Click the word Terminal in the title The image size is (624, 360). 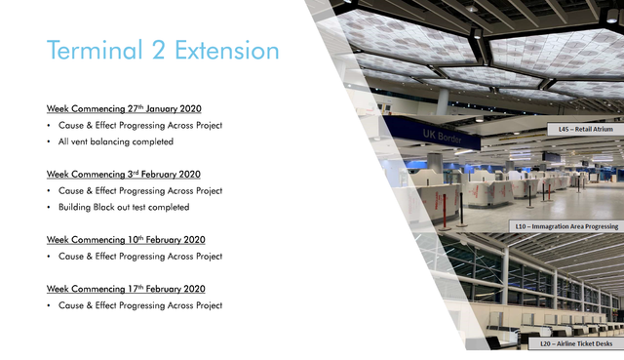click(95, 50)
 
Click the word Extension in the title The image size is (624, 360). click(227, 50)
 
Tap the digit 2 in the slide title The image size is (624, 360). click(159, 50)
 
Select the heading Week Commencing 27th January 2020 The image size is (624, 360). click(124, 108)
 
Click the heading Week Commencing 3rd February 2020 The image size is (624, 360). click(124, 175)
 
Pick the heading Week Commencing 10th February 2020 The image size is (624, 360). click(126, 240)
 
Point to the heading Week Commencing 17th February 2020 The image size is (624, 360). click(126, 289)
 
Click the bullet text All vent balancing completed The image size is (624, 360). click(116, 141)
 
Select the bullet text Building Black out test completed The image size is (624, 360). click(124, 208)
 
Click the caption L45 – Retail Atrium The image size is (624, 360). click(585, 129)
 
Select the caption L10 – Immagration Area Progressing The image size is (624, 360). click(566, 226)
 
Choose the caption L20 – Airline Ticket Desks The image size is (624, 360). click(576, 343)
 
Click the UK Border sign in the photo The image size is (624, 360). click(442, 137)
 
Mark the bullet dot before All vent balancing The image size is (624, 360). click(49, 142)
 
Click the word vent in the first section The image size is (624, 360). click(79, 141)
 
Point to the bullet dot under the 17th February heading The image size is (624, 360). click(49, 305)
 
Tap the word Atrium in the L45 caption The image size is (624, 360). click(602, 129)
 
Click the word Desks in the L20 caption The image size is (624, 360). click(604, 343)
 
